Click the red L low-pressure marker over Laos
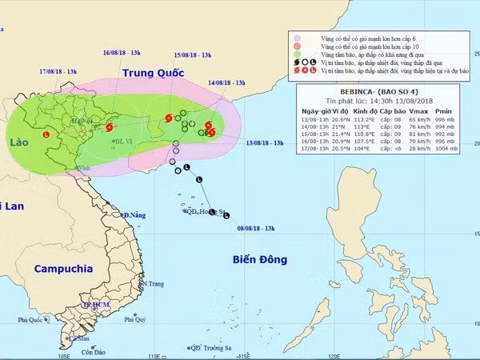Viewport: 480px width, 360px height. point(46,134)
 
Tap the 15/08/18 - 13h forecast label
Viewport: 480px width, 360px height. point(193,54)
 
